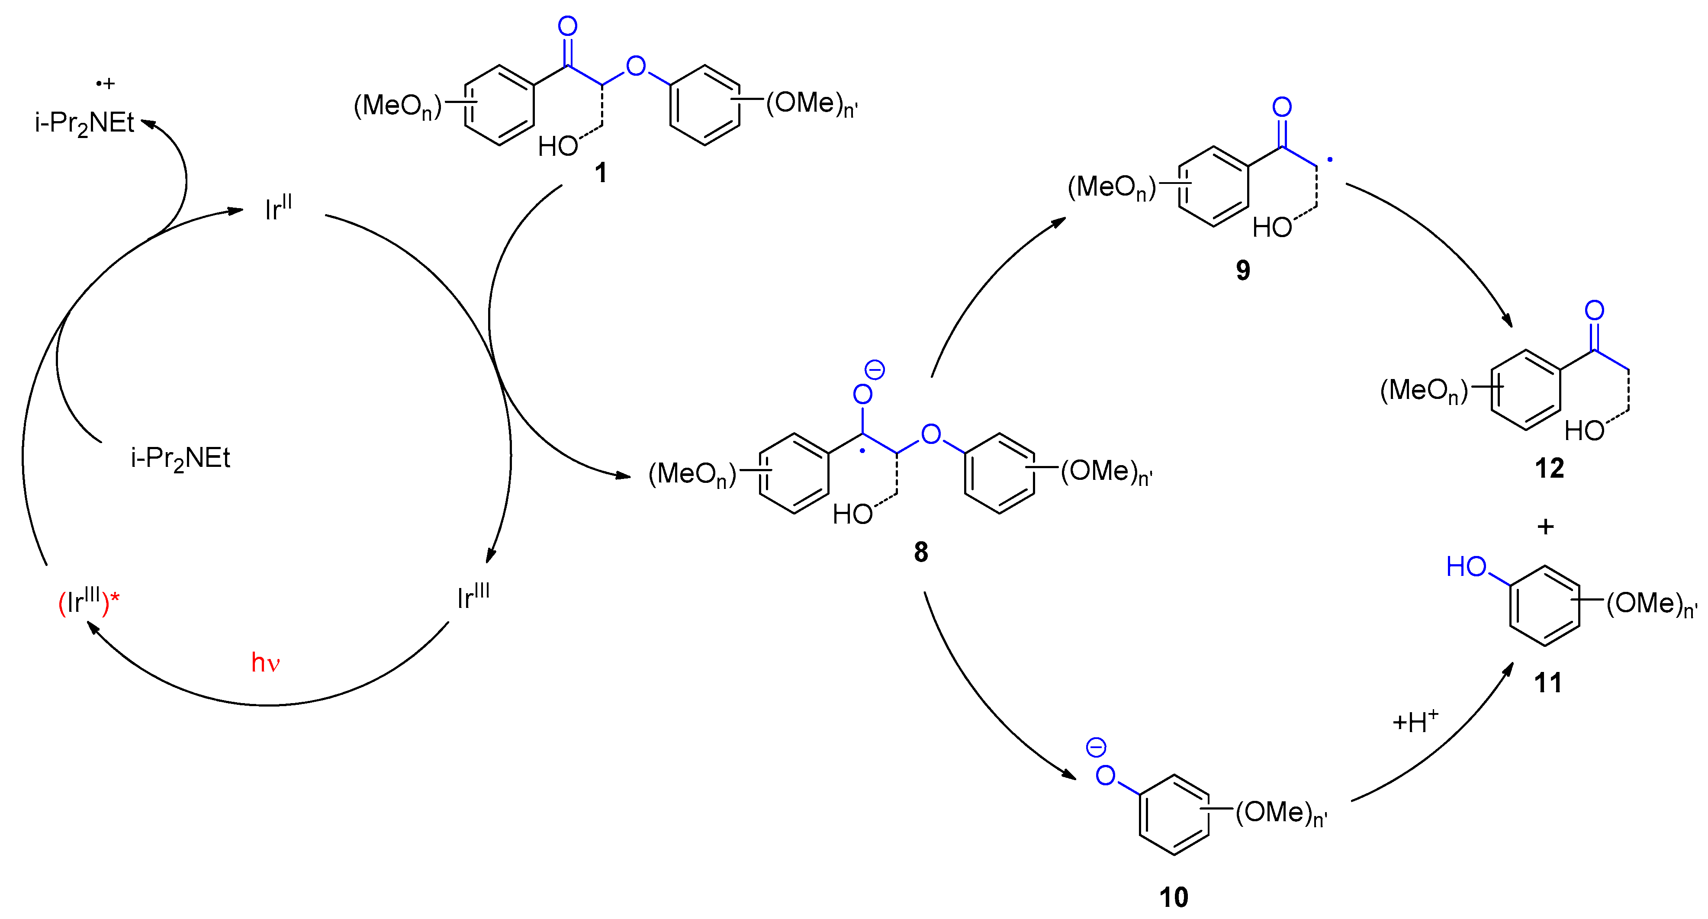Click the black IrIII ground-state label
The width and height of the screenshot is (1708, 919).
click(473, 597)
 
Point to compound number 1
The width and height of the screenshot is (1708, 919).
click(601, 173)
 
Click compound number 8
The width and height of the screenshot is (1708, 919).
click(920, 552)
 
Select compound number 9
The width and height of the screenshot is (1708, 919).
click(1242, 270)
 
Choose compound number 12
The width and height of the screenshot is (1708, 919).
click(1549, 468)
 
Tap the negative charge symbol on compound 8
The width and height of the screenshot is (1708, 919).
click(875, 370)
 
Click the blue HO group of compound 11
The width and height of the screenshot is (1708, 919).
click(1466, 567)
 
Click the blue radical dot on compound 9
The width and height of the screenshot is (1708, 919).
click(1329, 160)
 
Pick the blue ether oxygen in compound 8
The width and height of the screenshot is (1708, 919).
click(931, 434)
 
